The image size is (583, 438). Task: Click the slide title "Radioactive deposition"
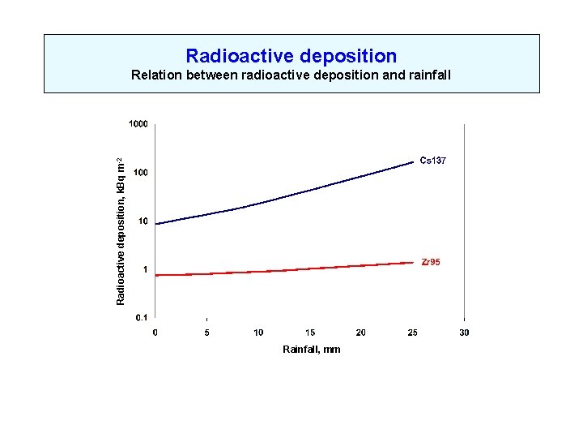(291, 56)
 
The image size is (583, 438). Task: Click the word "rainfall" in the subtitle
(427, 76)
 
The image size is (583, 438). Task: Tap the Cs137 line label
(432, 161)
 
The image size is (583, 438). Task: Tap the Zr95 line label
(431, 262)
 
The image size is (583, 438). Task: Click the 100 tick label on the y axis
(140, 173)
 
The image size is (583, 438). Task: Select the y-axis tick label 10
(143, 221)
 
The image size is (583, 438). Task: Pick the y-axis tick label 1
(145, 270)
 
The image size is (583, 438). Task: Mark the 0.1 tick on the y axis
(141, 318)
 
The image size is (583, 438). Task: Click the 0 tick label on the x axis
(155, 333)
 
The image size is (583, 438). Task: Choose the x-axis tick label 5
(207, 333)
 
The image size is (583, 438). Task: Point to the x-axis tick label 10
(258, 333)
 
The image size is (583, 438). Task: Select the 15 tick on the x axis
(310, 333)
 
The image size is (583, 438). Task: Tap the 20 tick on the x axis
(361, 333)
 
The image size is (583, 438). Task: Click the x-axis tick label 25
(413, 333)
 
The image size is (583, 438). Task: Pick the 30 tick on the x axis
(464, 333)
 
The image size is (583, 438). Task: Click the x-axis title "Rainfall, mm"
(311, 349)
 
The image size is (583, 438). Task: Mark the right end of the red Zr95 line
(413, 262)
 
